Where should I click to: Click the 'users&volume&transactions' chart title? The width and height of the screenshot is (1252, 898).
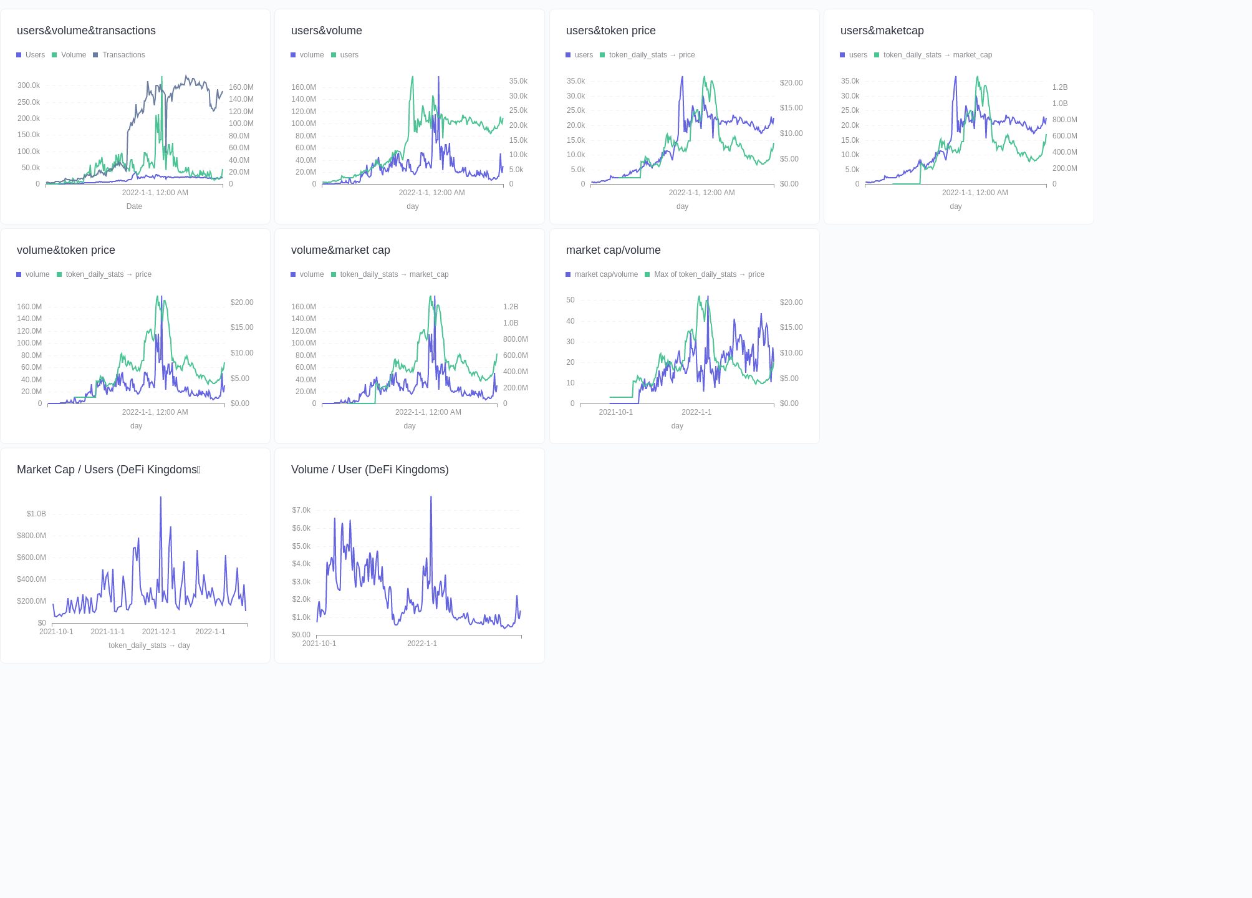(x=86, y=31)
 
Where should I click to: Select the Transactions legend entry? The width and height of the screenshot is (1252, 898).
(x=123, y=55)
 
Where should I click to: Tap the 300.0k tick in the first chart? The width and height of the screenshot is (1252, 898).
(x=29, y=85)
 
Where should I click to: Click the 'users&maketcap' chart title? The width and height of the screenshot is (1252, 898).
(x=882, y=31)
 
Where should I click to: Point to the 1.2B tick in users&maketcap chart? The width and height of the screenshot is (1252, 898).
(x=1060, y=87)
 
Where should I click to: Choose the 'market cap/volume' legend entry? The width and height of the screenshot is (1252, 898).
(x=605, y=274)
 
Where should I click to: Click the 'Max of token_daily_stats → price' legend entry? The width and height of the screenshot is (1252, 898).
(x=708, y=274)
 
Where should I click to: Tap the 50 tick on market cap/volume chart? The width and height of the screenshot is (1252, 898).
(x=571, y=300)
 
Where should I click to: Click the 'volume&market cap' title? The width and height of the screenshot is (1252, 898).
(x=340, y=250)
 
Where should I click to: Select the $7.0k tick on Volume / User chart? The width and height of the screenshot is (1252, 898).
(x=301, y=510)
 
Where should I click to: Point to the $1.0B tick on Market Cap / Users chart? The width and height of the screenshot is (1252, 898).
(x=36, y=514)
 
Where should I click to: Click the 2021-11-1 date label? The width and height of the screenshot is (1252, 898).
(x=107, y=632)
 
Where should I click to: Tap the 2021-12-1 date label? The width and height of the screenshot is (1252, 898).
(x=159, y=632)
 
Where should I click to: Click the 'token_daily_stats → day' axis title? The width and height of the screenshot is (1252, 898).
(x=149, y=645)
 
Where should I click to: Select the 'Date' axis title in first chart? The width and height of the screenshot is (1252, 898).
(x=134, y=206)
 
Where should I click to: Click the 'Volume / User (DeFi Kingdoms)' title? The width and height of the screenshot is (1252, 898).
(x=370, y=470)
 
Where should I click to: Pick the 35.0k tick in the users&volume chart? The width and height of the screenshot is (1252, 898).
(x=518, y=81)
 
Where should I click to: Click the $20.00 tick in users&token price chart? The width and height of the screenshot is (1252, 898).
(x=791, y=83)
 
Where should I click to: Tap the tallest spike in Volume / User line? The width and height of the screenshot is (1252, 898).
(x=431, y=498)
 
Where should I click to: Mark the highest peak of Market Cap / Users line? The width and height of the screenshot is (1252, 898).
(x=160, y=498)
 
